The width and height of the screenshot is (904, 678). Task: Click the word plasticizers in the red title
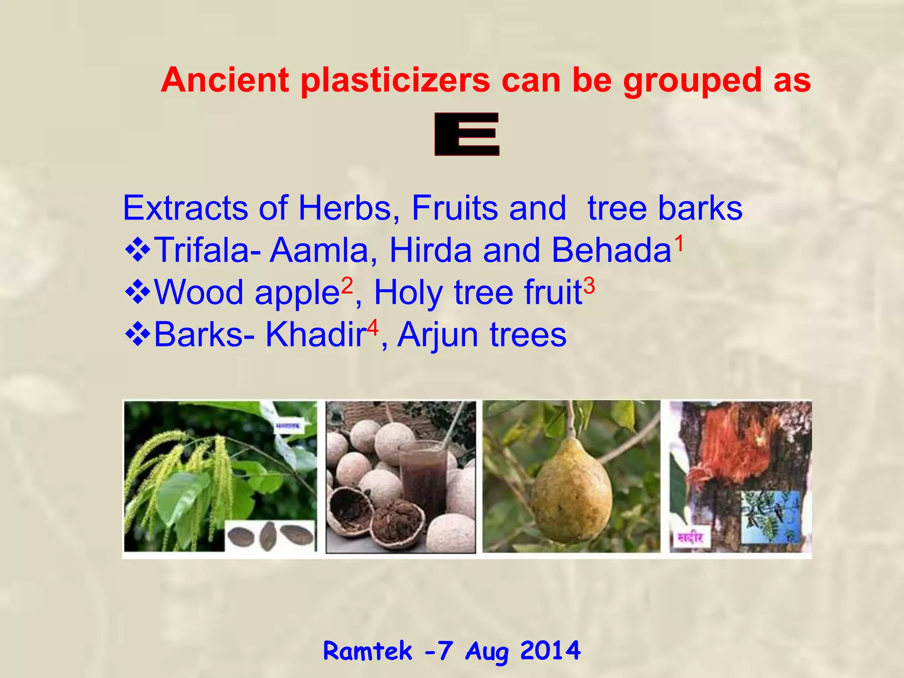pos(395,81)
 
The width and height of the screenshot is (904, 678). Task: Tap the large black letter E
pos(467,134)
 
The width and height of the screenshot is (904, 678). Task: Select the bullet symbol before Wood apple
pos(138,292)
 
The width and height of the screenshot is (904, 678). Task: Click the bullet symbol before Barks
pos(138,334)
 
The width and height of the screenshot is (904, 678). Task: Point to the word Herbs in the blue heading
pos(345,208)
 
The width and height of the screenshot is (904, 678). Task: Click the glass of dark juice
pos(423,477)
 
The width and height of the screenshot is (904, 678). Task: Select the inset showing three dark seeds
pos(270,536)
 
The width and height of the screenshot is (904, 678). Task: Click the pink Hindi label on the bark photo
pos(690,538)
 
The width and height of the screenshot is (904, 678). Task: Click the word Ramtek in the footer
pos(368,651)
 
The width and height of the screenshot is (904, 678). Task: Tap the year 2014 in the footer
pos(550,650)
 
